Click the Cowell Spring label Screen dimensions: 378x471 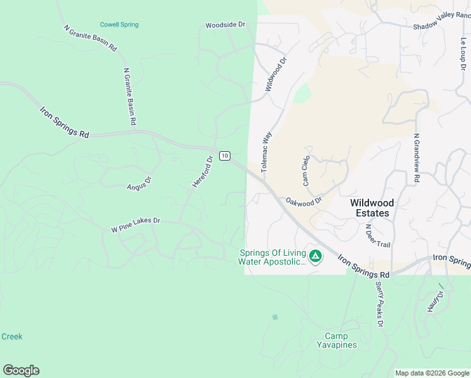(119, 25)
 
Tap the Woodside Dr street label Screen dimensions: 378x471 (225, 25)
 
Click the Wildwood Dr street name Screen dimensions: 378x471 (275, 74)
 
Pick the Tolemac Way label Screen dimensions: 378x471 (266, 152)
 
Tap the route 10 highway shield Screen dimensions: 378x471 (225, 156)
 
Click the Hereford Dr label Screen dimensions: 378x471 (203, 171)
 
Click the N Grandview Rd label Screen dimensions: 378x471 (416, 158)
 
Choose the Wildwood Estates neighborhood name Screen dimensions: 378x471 (372, 208)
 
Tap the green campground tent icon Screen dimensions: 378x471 (315, 256)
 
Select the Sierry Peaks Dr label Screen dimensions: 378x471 (379, 305)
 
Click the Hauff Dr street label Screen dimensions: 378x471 (438, 295)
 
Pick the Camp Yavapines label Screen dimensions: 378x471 (341, 340)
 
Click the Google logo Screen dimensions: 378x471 (21, 370)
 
